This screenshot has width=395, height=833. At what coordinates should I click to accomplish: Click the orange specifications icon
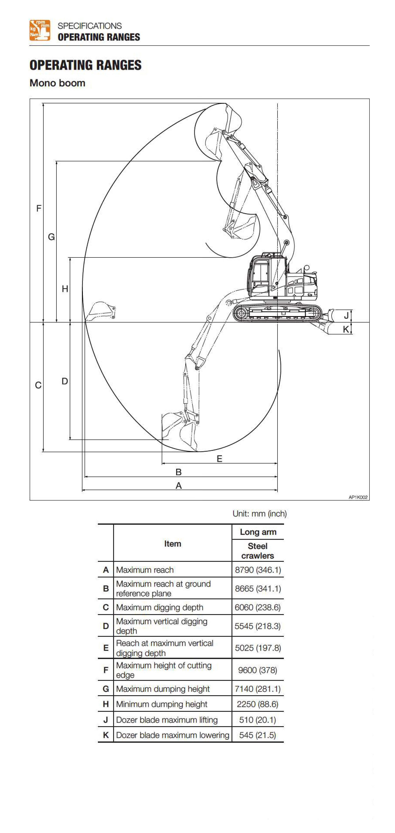[x=40, y=30]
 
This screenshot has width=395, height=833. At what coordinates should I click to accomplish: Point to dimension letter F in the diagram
[x=39, y=208]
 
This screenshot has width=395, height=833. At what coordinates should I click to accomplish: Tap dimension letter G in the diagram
[x=51, y=237]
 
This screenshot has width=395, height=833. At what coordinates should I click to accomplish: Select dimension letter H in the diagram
[x=65, y=289]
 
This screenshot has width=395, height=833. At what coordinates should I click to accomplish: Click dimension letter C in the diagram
[x=38, y=385]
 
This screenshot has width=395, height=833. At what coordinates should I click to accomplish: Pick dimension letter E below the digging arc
[x=220, y=458]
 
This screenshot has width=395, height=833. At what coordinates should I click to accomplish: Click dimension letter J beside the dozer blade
[x=346, y=316]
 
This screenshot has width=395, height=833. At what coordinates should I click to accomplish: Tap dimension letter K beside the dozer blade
[x=346, y=329]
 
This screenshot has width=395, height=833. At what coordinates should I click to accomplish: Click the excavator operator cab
[x=260, y=275]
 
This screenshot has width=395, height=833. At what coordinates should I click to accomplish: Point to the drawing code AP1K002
[x=358, y=497]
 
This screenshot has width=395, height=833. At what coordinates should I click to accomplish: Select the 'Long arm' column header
[x=258, y=532]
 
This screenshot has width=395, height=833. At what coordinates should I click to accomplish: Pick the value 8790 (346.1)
[x=258, y=570]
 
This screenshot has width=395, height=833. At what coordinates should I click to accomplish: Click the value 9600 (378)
[x=258, y=670]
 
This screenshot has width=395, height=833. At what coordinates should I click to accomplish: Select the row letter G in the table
[x=106, y=689]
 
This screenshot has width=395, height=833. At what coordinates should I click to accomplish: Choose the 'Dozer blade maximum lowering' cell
[x=173, y=735]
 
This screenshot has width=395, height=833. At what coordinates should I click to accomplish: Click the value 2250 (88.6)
[x=258, y=704]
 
